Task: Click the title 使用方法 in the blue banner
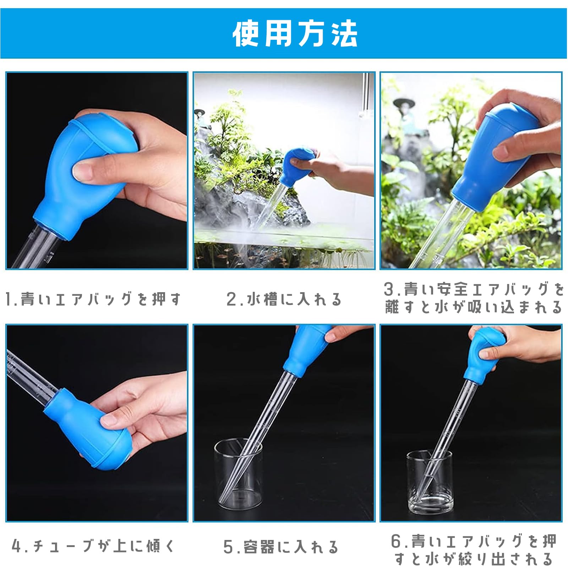tap(295, 34)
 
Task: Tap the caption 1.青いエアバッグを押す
tap(93, 299)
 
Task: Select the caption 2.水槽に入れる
tap(284, 299)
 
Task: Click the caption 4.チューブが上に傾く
tap(93, 546)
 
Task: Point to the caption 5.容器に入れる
tap(280, 547)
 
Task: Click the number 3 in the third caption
tap(389, 289)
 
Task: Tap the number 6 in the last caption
tap(396, 541)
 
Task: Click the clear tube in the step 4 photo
tap(28, 376)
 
